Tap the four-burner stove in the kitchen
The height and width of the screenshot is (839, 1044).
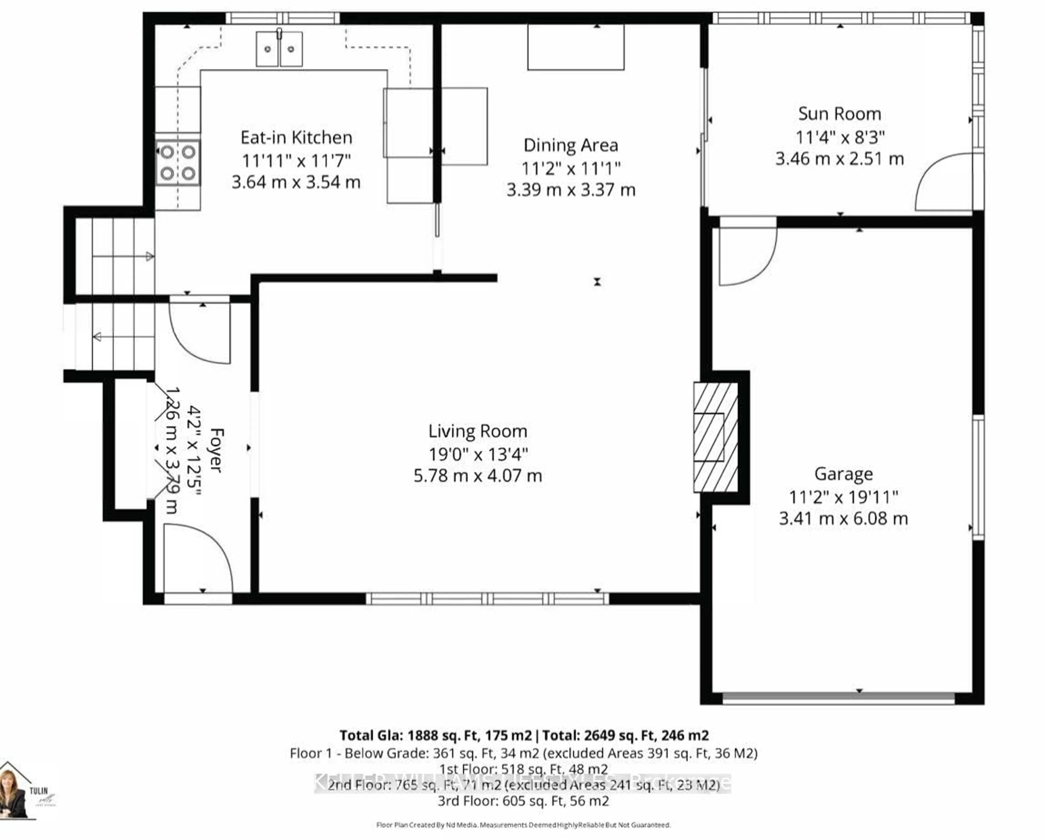point(178,163)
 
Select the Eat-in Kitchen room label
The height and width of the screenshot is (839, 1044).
point(296,138)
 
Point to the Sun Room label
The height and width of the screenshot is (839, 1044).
point(840,114)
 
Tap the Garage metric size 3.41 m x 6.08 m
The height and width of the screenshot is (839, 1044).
point(843,519)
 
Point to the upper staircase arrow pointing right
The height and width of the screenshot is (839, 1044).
point(150,256)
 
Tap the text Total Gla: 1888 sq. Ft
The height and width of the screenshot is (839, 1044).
point(435,735)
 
